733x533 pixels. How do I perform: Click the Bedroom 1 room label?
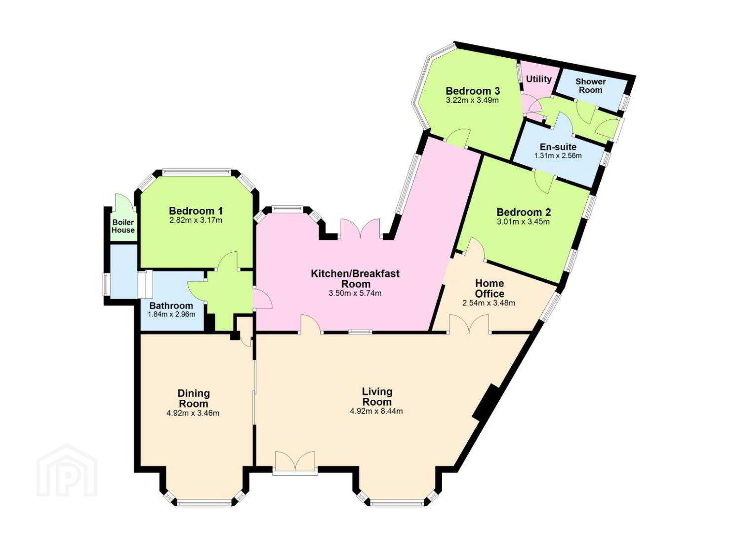click(x=196, y=210)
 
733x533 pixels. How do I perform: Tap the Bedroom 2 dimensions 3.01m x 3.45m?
click(x=523, y=222)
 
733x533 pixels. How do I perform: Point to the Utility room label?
click(x=538, y=79)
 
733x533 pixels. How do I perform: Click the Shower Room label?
click(x=590, y=85)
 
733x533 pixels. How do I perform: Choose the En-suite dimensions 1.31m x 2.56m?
click(x=558, y=155)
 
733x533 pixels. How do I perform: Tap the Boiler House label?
click(x=123, y=226)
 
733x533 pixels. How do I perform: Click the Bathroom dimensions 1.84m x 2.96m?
click(x=171, y=314)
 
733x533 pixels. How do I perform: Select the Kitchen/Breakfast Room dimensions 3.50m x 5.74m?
click(x=355, y=293)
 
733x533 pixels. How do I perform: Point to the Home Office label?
click(x=489, y=288)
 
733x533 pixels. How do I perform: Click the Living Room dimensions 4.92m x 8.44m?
click(x=376, y=411)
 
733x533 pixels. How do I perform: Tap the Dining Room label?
click(x=194, y=398)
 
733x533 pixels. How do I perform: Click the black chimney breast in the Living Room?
click(x=487, y=403)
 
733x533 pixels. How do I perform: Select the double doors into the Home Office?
click(x=469, y=324)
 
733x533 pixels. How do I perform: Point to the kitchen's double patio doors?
click(x=360, y=228)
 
